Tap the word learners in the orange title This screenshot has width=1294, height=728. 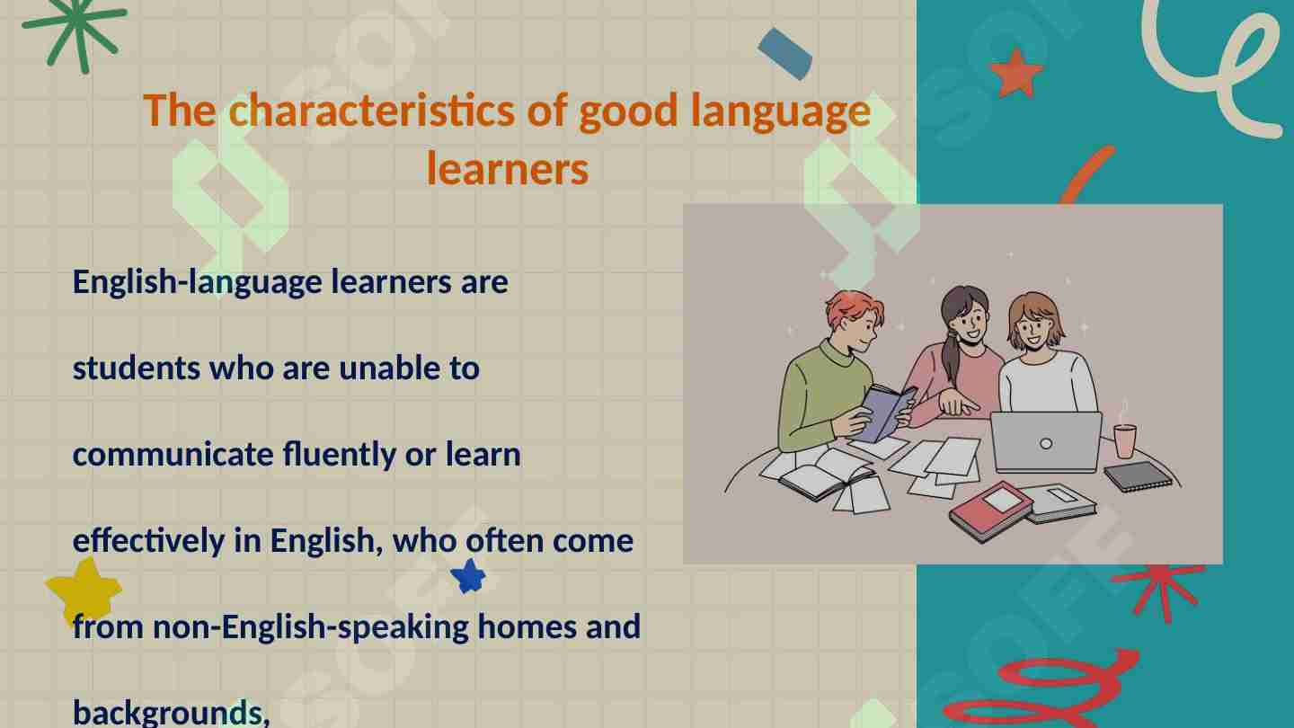(x=508, y=169)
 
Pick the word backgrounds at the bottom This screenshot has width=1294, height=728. (x=168, y=713)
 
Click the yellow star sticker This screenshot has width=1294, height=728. (x=84, y=590)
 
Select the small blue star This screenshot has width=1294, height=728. (x=467, y=575)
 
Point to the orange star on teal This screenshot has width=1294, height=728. (x=1016, y=74)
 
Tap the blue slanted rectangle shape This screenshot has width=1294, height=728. (x=785, y=53)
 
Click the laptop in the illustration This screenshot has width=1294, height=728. (x=1046, y=441)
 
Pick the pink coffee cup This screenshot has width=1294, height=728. (x=1125, y=440)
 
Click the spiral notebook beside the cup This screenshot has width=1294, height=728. (x=1138, y=476)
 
